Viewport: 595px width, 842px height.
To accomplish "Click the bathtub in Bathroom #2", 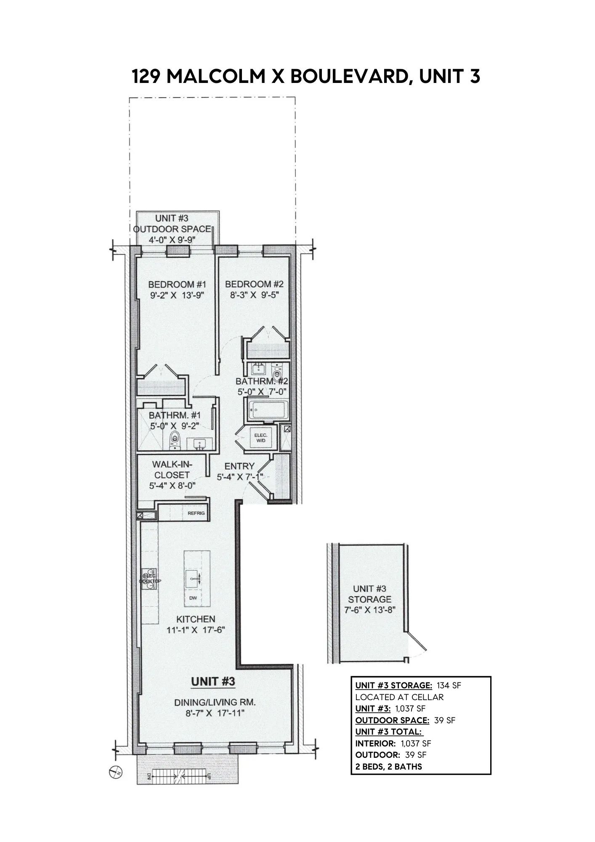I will coord(267,410).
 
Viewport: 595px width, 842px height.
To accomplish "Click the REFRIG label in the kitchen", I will coord(196,513).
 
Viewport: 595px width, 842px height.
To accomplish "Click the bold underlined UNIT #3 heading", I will coord(213,681).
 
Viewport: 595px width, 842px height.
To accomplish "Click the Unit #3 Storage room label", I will coord(369,594).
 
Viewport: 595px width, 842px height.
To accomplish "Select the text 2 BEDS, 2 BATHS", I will coord(388,766).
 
